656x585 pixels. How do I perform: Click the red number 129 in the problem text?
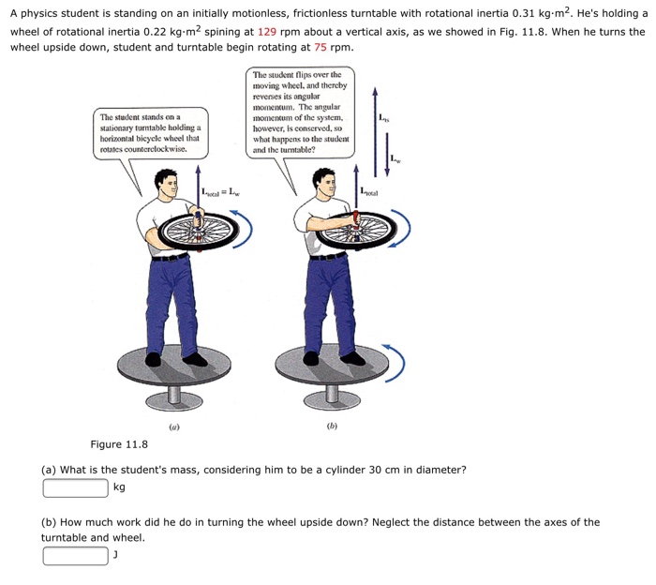point(268,31)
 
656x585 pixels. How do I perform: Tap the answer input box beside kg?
point(75,487)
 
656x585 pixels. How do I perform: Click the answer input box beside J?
point(75,556)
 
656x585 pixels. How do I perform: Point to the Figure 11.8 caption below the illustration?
point(119,444)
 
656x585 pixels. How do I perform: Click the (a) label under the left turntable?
point(173,427)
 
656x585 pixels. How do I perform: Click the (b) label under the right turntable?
point(332,427)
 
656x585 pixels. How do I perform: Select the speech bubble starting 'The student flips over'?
point(301,111)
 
